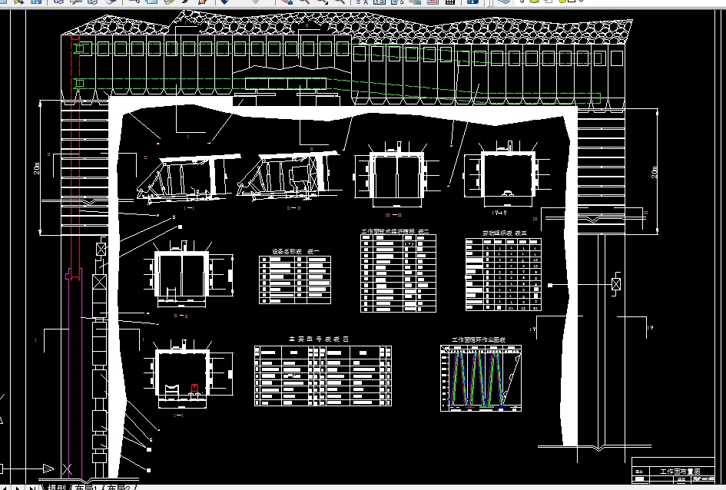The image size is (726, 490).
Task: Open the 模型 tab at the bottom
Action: (56, 487)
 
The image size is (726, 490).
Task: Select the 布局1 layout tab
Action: (86, 487)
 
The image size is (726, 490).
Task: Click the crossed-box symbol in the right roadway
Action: (616, 283)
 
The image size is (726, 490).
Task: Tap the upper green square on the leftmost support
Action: (78, 48)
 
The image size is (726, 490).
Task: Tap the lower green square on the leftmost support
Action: (78, 82)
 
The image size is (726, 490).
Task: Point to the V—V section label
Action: (502, 210)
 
